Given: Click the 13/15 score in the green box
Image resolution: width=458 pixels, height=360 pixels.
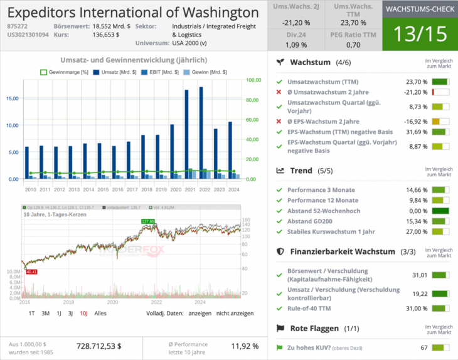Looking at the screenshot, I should [x=419, y=34].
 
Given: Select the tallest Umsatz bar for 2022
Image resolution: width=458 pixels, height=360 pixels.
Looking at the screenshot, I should [x=201, y=132].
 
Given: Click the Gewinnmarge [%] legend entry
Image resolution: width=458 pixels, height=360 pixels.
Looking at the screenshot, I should [x=65, y=72].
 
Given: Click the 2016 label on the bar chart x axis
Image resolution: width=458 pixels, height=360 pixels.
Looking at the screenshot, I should [x=114, y=189].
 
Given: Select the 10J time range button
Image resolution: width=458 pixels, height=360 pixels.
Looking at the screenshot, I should [x=83, y=313].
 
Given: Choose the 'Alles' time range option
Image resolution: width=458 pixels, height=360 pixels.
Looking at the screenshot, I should [x=100, y=313].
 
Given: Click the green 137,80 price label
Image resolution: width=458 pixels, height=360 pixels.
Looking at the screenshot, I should [x=148, y=221].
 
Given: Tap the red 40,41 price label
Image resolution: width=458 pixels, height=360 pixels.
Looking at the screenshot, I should [x=31, y=272].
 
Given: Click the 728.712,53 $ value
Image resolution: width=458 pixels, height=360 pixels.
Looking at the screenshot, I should [x=99, y=346].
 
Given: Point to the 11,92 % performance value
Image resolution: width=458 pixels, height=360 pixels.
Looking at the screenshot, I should [x=245, y=346].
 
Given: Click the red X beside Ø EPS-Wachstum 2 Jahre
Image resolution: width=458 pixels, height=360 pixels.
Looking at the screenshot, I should [x=279, y=121].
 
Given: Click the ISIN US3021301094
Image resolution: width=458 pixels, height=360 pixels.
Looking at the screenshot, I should [x=27, y=35].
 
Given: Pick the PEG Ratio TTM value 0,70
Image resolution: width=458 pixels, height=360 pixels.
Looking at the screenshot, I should [x=353, y=45].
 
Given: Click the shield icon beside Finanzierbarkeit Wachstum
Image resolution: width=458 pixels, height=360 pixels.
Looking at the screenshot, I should [x=280, y=251].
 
